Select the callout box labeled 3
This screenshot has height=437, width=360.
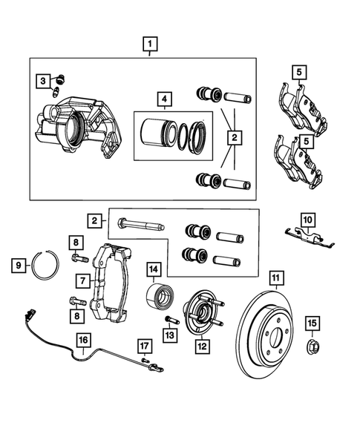point(44,81)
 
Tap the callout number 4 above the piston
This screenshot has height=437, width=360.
point(163,99)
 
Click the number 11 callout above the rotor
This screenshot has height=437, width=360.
point(275,279)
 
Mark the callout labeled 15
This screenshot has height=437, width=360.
point(312,322)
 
